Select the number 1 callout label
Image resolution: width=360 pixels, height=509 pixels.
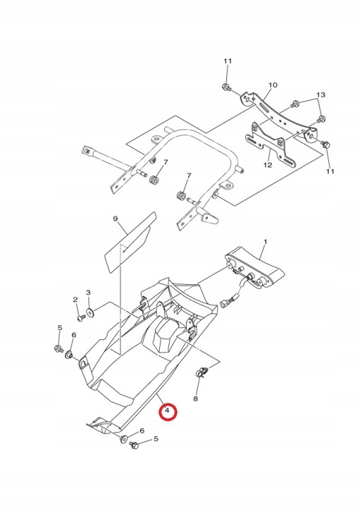pyautogui.click(x=265, y=242)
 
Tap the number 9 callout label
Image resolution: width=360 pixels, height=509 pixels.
pyautogui.click(x=115, y=218)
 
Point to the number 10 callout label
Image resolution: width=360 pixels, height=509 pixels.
pyautogui.click(x=273, y=85)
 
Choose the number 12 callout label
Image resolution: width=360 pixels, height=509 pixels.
pyautogui.click(x=267, y=165)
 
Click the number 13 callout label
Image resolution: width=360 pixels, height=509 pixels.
pyautogui.click(x=320, y=95)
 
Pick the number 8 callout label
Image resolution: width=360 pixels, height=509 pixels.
pyautogui.click(x=195, y=398)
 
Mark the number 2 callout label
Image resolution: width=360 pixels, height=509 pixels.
pyautogui.click(x=76, y=299)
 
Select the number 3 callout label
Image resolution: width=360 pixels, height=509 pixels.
pyautogui.click(x=88, y=293)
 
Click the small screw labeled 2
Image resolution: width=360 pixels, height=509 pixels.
pyautogui.click(x=81, y=318)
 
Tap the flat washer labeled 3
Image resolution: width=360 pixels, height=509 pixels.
pyautogui.click(x=90, y=313)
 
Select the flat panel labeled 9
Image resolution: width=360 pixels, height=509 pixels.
pyautogui.click(x=129, y=242)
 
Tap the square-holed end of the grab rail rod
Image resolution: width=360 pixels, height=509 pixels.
pyautogui.click(x=86, y=151)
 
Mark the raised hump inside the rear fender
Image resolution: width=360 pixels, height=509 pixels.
pyautogui.click(x=165, y=336)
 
